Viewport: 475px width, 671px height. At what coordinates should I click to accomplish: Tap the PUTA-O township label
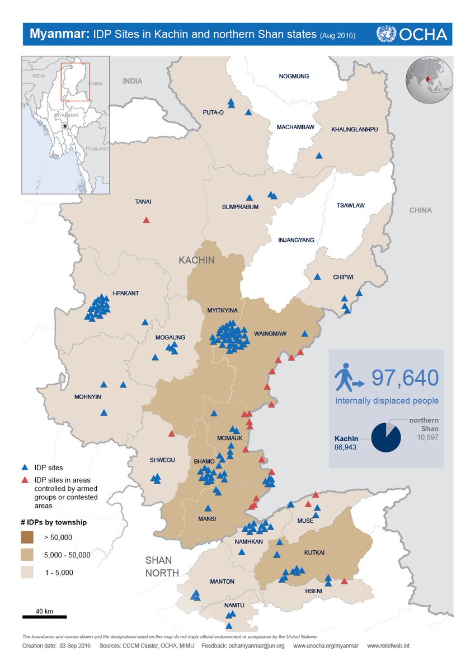pos(213,112)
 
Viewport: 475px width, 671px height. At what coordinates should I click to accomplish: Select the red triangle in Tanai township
pos(146,220)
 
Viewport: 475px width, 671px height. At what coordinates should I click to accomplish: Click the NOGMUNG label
pos(294,76)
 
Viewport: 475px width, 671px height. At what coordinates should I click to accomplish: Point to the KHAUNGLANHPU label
pos(355,129)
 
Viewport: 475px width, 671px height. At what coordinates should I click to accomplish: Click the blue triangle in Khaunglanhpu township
pos(319,156)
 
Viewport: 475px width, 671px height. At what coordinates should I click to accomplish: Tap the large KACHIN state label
pos(197,260)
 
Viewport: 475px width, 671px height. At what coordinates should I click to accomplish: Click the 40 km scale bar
pos(45,617)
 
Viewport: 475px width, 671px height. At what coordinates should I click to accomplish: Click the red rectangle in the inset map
pos(75,82)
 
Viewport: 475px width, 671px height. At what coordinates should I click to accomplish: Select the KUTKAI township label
pos(314,552)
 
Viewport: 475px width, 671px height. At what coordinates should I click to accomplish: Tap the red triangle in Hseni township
pos(344,582)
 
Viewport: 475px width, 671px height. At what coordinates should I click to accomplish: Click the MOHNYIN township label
pos(88,398)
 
